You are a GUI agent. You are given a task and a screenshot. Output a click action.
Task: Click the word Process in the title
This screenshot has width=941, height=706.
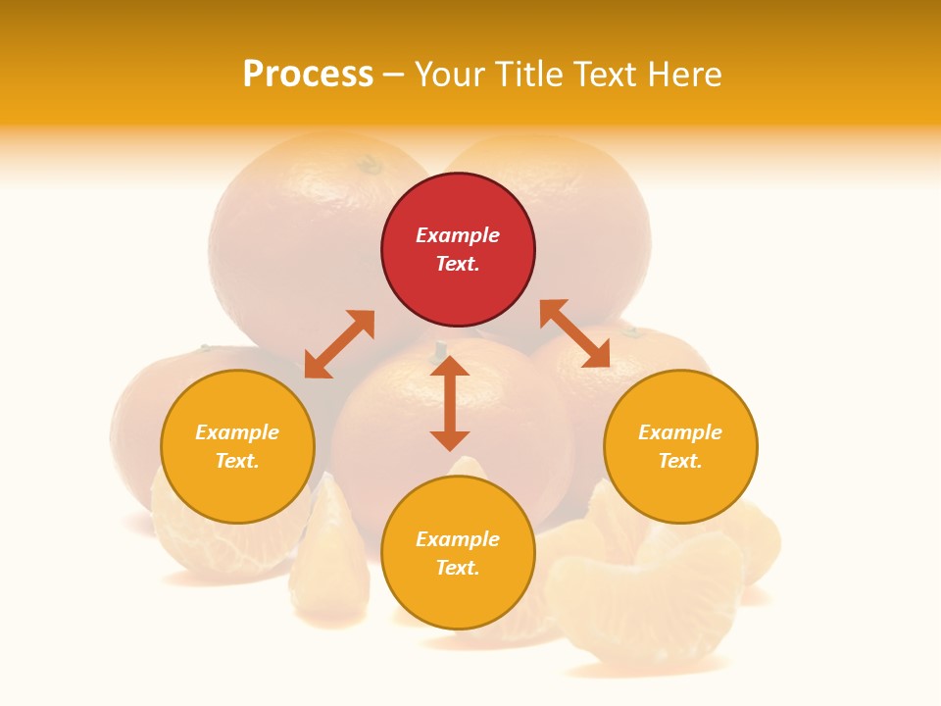(308, 75)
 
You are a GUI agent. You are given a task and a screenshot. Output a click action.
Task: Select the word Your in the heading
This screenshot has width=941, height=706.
(450, 75)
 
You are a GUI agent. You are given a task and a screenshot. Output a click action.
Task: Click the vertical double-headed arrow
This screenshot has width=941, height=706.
(450, 403)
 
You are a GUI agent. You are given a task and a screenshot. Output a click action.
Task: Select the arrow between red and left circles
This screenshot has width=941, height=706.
(339, 344)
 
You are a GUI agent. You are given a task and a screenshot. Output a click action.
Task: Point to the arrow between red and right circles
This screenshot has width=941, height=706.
(574, 333)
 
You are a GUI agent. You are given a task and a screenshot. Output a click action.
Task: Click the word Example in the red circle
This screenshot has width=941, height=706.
(458, 235)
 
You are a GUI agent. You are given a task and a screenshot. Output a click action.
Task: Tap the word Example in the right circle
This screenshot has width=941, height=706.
(680, 432)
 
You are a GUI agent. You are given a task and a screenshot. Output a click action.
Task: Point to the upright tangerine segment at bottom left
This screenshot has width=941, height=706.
(329, 559)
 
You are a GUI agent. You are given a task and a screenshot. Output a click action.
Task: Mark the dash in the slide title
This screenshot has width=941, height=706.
(394, 75)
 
